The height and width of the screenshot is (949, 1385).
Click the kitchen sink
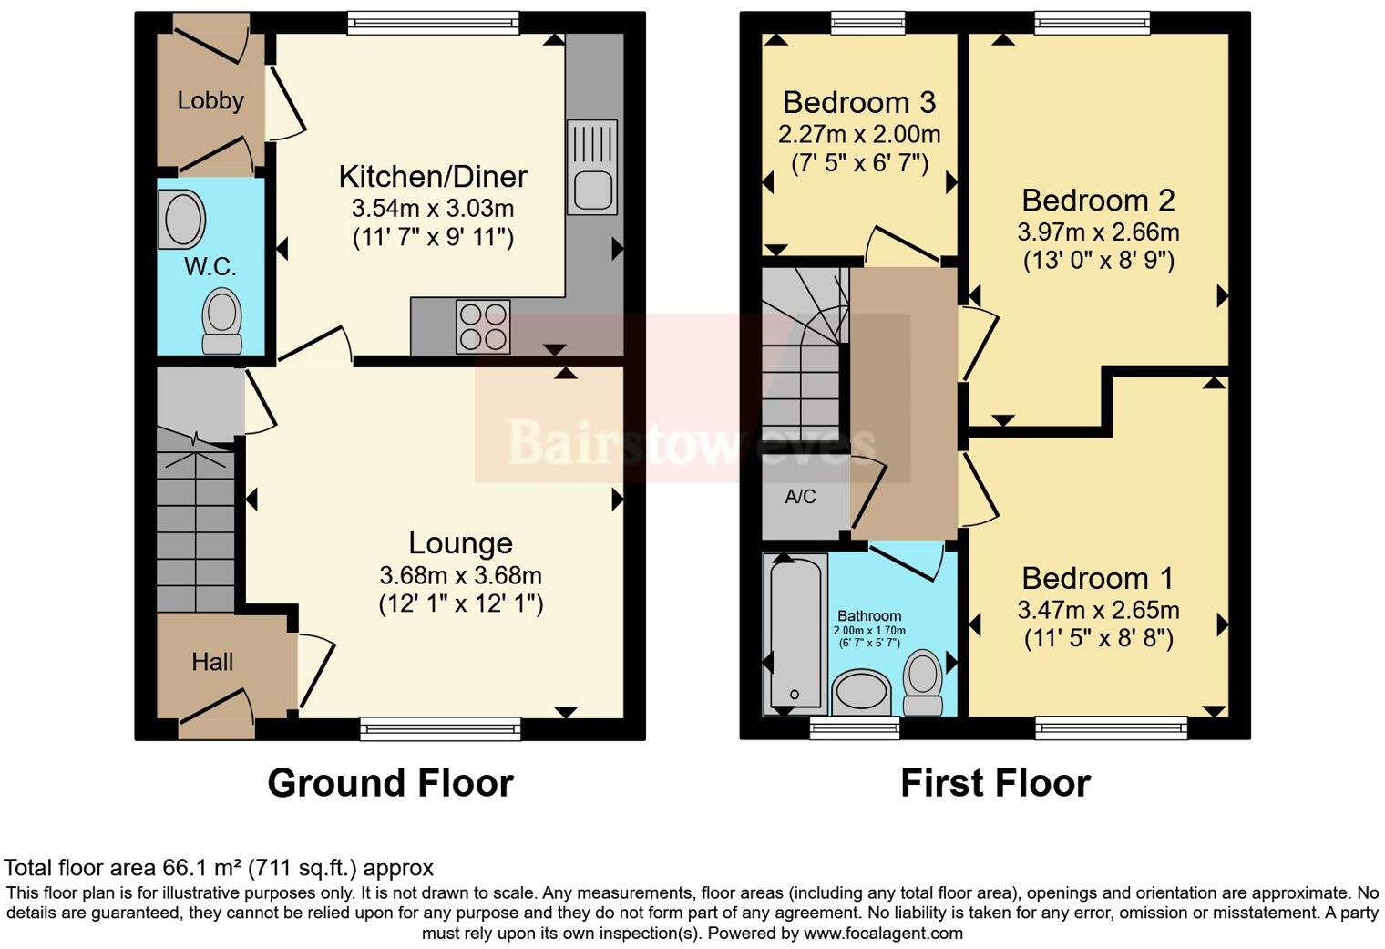click(x=592, y=168)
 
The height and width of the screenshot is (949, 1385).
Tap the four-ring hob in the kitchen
click(x=484, y=326)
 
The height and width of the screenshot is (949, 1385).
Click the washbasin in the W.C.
click(x=181, y=219)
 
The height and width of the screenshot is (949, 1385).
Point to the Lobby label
click(x=210, y=100)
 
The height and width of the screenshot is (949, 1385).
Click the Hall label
click(x=212, y=662)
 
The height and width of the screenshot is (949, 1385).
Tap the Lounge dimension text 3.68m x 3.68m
click(x=460, y=575)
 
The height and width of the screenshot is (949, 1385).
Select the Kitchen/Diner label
click(x=433, y=176)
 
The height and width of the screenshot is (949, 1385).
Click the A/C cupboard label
click(x=800, y=497)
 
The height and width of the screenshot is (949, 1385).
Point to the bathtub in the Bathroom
click(x=797, y=633)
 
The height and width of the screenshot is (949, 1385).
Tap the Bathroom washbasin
click(x=862, y=691)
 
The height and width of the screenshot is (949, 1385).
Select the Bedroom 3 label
click(x=858, y=102)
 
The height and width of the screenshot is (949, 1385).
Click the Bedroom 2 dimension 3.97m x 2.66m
click(x=1098, y=232)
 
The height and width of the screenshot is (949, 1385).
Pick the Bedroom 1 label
click(x=1097, y=578)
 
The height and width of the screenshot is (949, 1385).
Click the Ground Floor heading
click(x=390, y=783)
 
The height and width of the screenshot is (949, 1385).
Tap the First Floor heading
click(x=995, y=783)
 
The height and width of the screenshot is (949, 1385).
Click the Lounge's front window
click(x=440, y=727)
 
